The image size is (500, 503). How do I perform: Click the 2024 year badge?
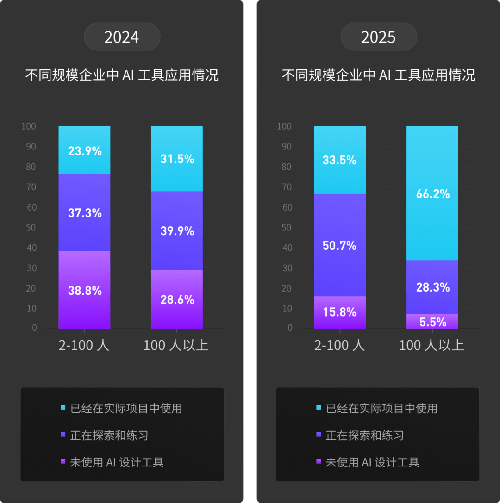pos(122,37)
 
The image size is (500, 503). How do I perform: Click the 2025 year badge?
pos(378,37)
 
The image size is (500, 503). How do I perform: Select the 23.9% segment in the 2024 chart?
pos(84,150)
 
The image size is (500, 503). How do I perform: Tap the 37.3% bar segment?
pos(84,213)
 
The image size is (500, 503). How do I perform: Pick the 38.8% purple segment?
pos(84,290)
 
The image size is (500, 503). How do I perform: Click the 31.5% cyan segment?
pos(177,159)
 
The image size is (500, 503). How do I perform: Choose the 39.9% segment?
pos(177,230)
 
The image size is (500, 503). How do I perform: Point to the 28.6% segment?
pos(177,299)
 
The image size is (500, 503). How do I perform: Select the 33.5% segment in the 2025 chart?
pos(340,160)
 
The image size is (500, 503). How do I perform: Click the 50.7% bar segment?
pos(340,245)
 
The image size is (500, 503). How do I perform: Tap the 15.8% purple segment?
pos(340,312)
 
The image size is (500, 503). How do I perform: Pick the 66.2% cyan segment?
pos(432,193)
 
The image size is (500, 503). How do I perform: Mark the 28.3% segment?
pos(432,287)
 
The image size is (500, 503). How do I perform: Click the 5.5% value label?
pos(432,322)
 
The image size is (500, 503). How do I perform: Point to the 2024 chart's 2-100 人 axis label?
pos(84,345)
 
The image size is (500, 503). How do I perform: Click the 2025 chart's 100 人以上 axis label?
pos(431,345)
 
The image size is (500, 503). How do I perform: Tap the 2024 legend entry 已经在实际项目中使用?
pos(125,408)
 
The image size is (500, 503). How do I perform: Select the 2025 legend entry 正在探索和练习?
pos(364,435)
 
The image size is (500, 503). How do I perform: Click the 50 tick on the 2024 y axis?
pos(32,227)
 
